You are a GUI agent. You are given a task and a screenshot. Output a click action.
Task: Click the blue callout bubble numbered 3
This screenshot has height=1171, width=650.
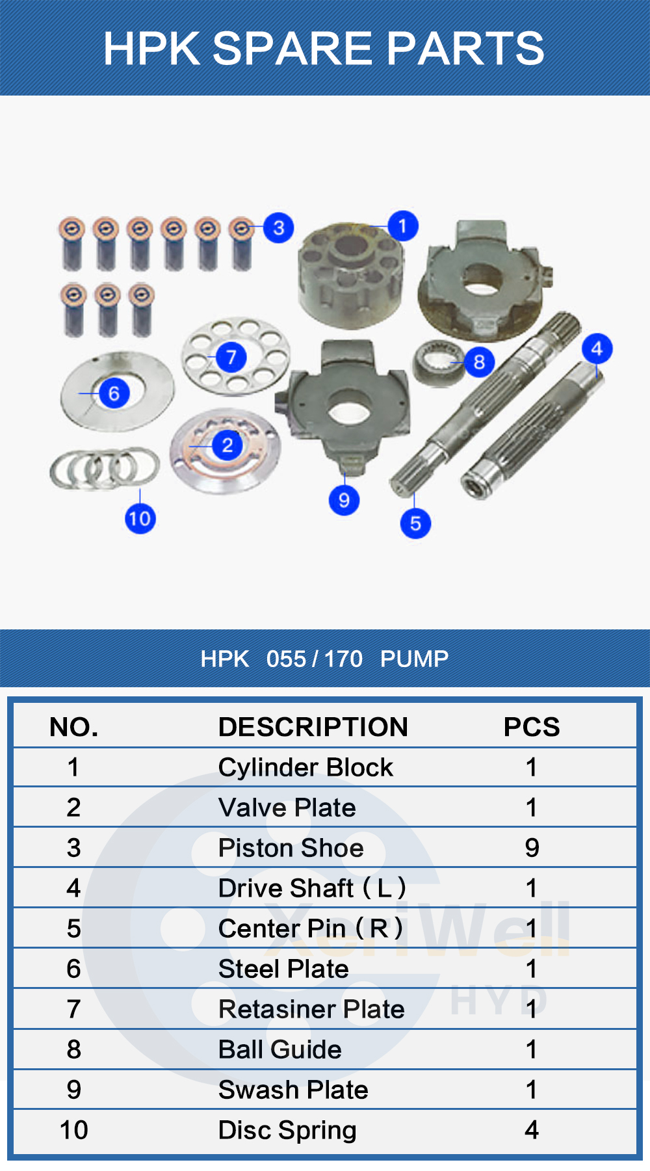(279, 228)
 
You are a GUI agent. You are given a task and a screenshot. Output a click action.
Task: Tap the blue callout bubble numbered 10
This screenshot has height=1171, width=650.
(140, 518)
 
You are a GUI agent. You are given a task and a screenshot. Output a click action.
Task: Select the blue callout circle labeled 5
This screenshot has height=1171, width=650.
(415, 523)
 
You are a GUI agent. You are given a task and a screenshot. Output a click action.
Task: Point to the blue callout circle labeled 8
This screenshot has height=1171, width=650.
(479, 362)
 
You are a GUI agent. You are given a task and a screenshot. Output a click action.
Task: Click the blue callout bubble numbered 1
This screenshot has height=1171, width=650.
(402, 226)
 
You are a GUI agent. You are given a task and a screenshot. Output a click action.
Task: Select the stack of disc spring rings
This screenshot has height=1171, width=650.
(104, 468)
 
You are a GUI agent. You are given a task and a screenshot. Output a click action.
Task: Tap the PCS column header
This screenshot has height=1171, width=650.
(531, 727)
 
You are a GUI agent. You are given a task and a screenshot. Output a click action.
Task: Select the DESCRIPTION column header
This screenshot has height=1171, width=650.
(313, 727)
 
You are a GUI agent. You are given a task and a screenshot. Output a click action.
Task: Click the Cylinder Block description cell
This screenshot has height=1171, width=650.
(305, 768)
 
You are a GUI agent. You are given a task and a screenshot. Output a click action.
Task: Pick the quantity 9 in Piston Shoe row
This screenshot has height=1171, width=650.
(532, 848)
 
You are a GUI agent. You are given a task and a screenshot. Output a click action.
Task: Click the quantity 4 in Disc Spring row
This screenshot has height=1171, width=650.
(532, 1130)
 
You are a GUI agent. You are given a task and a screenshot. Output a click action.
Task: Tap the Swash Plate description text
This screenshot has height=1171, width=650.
(293, 1090)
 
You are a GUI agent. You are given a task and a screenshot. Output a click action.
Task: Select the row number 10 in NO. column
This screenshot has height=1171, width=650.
(73, 1130)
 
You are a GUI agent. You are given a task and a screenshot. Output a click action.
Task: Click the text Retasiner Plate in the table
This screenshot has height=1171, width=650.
(311, 1009)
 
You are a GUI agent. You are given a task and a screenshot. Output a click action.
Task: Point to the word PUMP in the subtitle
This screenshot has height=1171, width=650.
(414, 659)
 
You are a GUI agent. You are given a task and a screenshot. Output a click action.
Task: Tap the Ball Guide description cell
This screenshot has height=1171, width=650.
(279, 1049)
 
